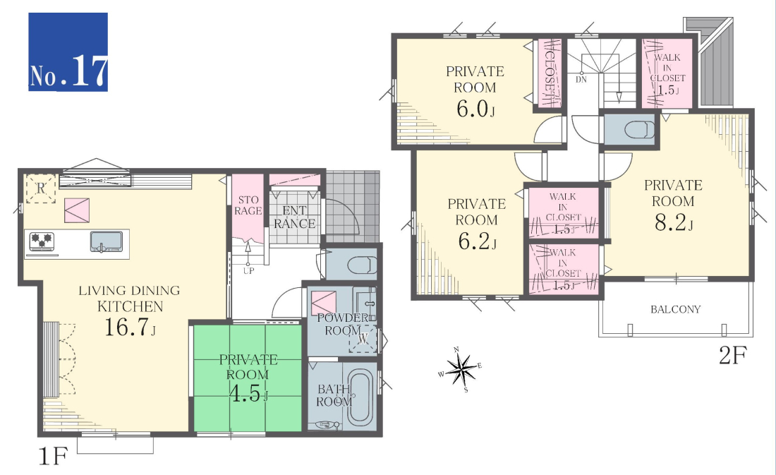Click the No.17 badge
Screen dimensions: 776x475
pos(68,52)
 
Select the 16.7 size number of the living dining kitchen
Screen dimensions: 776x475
pos(130,327)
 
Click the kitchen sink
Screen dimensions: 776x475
pos(107,241)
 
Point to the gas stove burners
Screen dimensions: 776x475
pos(42,241)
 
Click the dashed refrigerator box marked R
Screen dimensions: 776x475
pos(41,188)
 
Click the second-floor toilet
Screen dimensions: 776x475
pos(639,131)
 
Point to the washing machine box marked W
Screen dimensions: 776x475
pos(363,339)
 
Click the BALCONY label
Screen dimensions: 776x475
pos(676,310)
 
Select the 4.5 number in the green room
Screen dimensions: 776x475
pos(248,393)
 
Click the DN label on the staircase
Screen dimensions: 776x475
pos(581,79)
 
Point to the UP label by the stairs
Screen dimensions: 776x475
pos(248,271)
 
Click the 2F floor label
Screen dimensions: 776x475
pos(732,355)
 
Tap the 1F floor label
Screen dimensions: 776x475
pos(52,456)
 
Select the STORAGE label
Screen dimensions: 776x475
pos(248,205)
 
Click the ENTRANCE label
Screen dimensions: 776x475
pos(294,217)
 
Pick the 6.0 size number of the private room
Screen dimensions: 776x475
pos(475,109)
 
